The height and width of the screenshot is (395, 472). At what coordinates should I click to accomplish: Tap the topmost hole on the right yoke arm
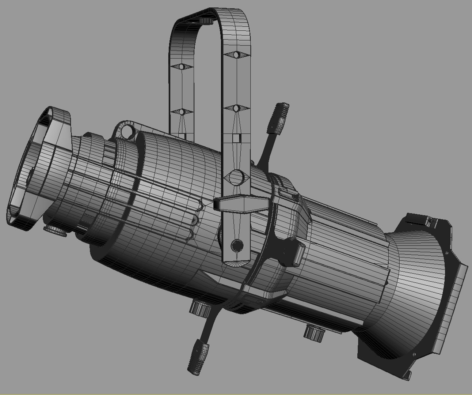pyautogui.click(x=236, y=55)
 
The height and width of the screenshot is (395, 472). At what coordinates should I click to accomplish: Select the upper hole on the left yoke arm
pyautogui.click(x=182, y=67)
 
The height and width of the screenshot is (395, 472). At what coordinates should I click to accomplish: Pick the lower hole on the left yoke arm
pyautogui.click(x=182, y=112)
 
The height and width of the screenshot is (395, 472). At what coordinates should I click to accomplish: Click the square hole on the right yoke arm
pyautogui.click(x=236, y=138)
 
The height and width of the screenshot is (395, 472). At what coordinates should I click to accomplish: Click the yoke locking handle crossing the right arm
pyautogui.click(x=241, y=203)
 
